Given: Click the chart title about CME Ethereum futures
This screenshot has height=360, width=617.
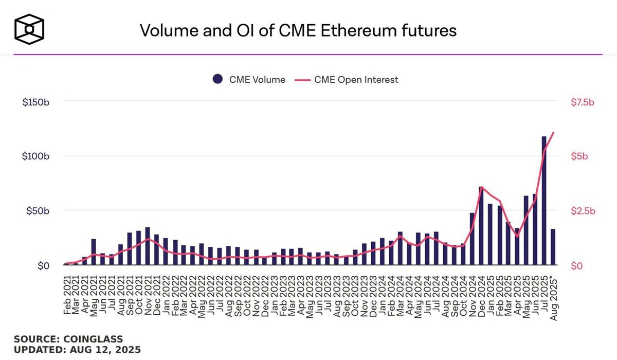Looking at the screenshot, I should (x=298, y=30).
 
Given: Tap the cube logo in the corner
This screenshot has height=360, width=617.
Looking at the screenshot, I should (x=29, y=28).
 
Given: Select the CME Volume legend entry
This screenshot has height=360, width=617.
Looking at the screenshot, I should (x=249, y=79).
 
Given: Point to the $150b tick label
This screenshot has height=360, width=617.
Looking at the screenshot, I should (x=35, y=102).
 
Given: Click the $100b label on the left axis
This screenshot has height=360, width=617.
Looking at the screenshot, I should (x=35, y=156).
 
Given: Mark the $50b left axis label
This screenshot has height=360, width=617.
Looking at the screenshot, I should (x=38, y=211).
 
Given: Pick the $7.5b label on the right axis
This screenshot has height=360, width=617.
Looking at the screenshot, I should (x=582, y=102).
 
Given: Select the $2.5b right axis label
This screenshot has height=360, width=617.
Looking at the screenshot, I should (x=582, y=211).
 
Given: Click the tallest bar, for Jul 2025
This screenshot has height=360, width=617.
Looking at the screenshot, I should (x=544, y=201).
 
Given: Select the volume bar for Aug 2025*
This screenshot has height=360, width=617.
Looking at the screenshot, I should (x=553, y=247).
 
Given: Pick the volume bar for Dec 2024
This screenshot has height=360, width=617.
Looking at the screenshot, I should (x=481, y=226).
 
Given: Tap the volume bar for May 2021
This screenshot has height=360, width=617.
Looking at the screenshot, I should (x=94, y=252).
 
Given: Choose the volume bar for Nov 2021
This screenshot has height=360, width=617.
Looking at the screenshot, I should (x=148, y=246).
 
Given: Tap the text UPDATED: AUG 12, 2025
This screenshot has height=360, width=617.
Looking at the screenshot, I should (x=77, y=350).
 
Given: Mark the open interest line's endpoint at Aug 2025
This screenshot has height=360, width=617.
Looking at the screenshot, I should (x=553, y=133).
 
